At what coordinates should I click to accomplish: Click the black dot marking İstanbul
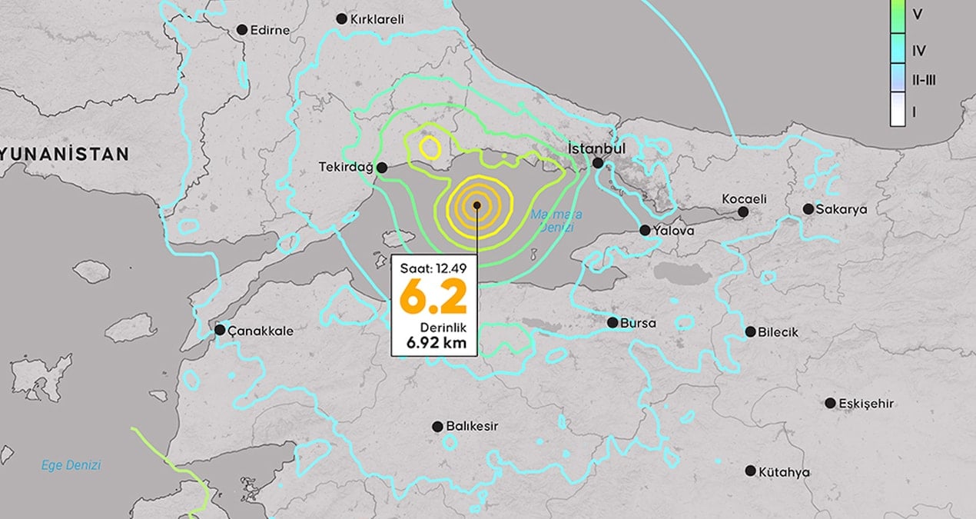tap(598, 163)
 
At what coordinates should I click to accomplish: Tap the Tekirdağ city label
tap(346, 167)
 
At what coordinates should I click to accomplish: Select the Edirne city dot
tap(242, 30)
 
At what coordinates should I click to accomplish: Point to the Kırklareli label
tap(377, 19)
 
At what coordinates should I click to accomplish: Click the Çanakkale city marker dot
tap(221, 330)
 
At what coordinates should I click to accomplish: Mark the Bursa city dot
tap(612, 323)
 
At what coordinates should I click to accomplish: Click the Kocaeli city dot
tap(743, 211)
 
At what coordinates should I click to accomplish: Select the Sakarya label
tap(841, 209)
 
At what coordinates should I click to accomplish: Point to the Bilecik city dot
tap(751, 332)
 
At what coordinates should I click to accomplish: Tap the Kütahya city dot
tap(751, 471)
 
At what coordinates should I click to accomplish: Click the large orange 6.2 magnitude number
tap(434, 298)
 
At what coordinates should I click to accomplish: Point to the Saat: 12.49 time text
tap(434, 268)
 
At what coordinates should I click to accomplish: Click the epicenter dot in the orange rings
tap(477, 205)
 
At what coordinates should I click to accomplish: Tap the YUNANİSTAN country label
tap(65, 155)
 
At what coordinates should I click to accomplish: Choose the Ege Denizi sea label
tap(71, 465)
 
